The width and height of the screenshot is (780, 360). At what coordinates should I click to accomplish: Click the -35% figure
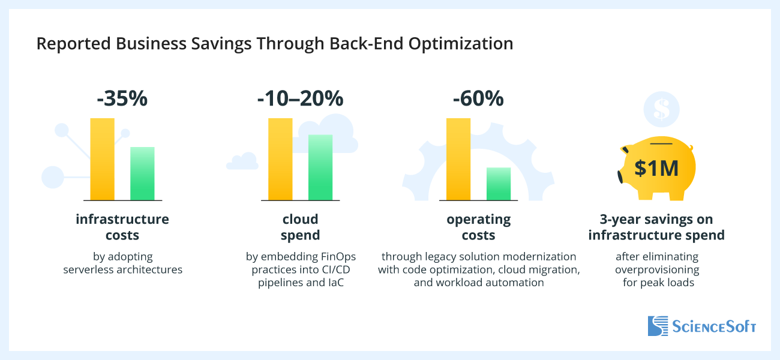coord(122,98)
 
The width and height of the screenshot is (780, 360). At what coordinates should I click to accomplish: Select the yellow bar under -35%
coord(102,159)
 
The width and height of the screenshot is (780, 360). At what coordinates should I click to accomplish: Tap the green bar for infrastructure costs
coord(142,173)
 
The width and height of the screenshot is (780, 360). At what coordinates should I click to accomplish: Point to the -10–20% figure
coord(300,98)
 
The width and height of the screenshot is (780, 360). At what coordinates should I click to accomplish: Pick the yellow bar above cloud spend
coord(280,159)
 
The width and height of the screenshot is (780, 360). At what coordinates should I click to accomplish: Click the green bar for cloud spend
coord(320,167)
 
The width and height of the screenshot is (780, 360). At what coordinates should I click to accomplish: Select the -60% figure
coord(478,98)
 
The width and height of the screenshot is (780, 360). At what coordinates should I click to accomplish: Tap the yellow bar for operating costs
coord(458,159)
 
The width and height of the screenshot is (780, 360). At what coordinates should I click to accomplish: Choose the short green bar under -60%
coord(498,184)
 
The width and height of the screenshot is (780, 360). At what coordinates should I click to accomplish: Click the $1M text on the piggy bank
coord(656,169)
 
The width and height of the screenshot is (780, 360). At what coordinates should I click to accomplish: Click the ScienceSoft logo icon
coord(658,326)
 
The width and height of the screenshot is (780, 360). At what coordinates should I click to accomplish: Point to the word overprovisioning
coord(656,269)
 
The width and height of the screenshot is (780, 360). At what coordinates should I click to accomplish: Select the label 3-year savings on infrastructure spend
coord(656,227)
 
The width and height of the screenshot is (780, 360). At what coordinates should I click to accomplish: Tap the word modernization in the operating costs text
coord(542,257)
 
